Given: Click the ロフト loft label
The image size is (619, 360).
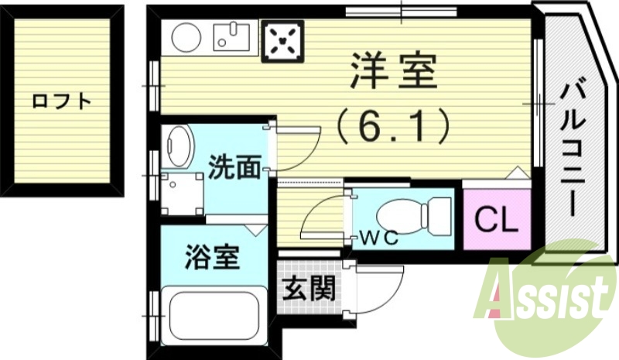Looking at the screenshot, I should coord(61,101).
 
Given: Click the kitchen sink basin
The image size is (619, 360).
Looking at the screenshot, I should coord(231,36).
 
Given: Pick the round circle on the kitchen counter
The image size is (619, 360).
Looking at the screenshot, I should coord(186,37).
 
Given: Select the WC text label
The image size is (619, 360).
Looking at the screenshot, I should coord(378,238).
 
